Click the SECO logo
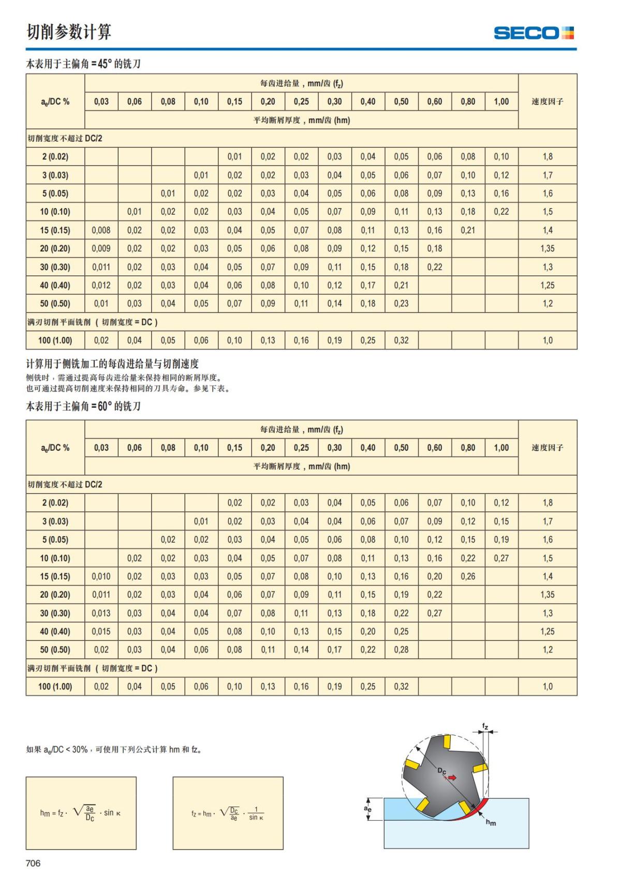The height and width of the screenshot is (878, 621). [534, 33]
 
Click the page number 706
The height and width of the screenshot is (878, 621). [33, 863]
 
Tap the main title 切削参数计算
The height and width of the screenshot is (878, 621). [69, 32]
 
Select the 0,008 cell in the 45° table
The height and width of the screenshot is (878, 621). [101, 230]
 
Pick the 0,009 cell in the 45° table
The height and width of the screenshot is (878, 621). [101, 248]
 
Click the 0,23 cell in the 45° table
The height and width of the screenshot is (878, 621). [401, 304]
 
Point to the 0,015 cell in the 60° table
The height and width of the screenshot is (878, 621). [101, 631]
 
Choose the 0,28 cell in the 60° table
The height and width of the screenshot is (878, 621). [401, 650]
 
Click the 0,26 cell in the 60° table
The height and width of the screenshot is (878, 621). [468, 576]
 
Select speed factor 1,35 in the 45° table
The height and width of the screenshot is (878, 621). [547, 248]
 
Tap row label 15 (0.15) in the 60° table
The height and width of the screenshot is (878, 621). [55, 576]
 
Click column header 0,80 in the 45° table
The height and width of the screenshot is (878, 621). [468, 101]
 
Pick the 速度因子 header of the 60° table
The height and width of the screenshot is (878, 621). [547, 448]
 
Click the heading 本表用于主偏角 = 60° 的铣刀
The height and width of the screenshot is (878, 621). [83, 407]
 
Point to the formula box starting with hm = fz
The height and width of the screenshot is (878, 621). [81, 813]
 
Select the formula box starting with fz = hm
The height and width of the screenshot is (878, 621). [228, 813]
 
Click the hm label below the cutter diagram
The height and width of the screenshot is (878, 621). [491, 823]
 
